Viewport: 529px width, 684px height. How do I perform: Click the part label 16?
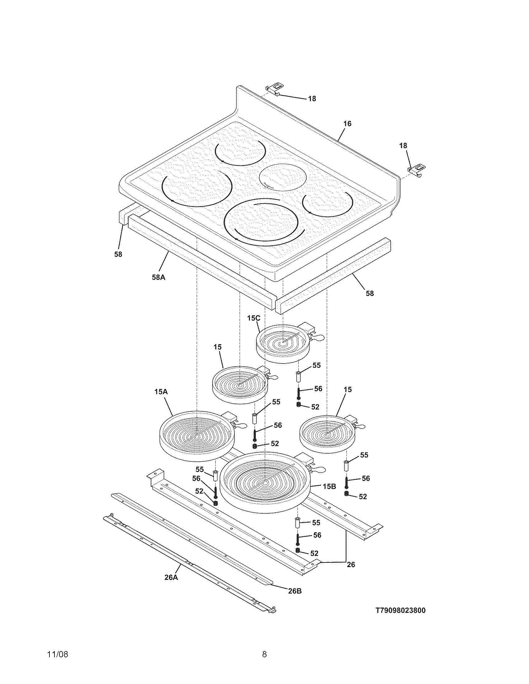347,124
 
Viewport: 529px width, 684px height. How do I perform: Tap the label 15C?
253,318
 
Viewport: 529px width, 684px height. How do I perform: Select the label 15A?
161,392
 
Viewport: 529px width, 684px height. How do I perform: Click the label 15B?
329,486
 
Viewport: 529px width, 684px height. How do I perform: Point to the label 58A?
158,277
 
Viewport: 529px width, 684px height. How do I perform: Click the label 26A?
171,578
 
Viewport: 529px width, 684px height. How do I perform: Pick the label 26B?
295,591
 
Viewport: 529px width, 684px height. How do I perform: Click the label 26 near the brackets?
351,564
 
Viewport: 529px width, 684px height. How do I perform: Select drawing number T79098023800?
400,610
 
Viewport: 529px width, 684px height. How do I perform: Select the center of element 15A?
196,436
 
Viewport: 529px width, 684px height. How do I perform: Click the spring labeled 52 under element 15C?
298,404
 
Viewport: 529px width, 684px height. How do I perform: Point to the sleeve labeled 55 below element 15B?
297,523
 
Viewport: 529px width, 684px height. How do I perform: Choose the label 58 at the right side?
370,293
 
